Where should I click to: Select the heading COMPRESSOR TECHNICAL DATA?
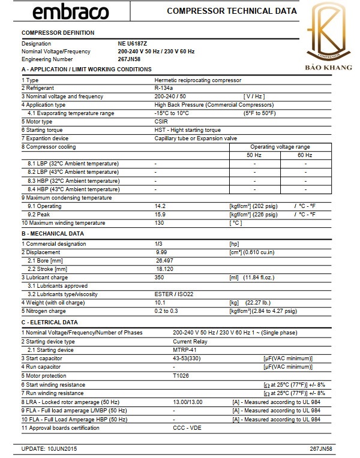click(232, 11)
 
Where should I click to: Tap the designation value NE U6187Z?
click(133, 44)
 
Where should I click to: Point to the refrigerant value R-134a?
click(163, 88)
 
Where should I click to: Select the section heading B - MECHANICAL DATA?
click(53, 233)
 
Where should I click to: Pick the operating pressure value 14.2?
click(160, 206)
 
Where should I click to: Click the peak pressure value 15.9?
click(160, 215)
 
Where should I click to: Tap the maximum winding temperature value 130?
click(159, 223)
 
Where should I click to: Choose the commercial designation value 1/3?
click(159, 244)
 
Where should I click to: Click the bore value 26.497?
click(165, 261)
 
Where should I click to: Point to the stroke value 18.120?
click(165, 269)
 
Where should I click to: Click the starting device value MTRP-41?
click(185, 350)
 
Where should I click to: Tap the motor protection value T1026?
click(181, 376)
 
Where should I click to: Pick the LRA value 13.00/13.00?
click(188, 402)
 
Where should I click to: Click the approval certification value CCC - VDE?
click(187, 428)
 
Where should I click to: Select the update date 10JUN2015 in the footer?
click(62, 448)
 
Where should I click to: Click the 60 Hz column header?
click(305, 155)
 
